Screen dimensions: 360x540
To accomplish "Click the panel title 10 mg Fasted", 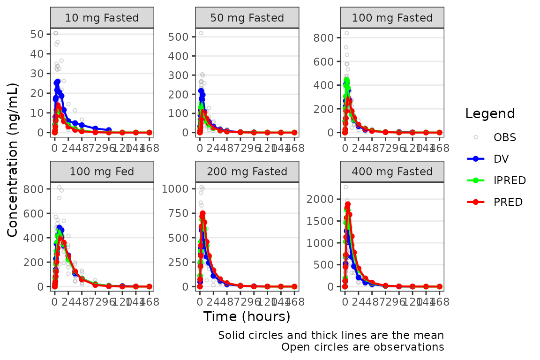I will tap(102, 18).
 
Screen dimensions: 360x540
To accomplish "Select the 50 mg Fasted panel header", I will tap(247, 18).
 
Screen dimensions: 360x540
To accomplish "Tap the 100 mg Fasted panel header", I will tap(392, 18).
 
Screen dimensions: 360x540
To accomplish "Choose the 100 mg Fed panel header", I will tap(102, 172).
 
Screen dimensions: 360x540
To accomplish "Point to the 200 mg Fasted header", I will tap(247, 172).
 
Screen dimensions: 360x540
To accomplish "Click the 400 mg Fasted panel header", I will tap(392, 172).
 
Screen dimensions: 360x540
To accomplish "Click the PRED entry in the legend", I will tap(508, 202).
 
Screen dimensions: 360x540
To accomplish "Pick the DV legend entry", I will tap(501, 159).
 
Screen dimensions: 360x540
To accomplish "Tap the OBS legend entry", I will tap(504, 137).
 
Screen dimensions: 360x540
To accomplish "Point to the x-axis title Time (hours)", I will tap(247, 316).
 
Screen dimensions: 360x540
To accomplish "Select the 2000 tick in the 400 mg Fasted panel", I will tap(322, 199).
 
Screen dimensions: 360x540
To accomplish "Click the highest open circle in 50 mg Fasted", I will tap(201, 33).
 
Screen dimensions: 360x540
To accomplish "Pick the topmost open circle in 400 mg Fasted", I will tap(345, 187).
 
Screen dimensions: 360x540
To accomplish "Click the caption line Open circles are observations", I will tap(362, 347).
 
